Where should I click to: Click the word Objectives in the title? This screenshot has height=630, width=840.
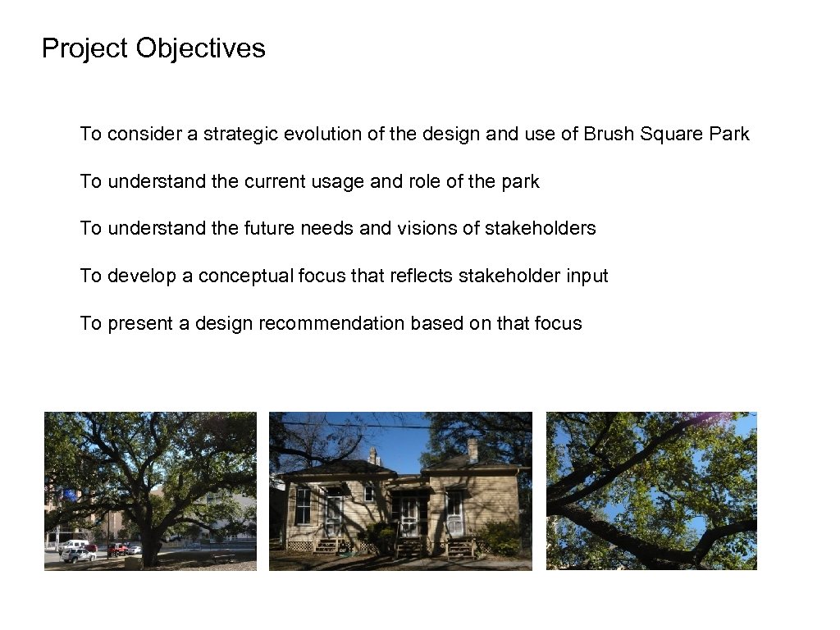(x=200, y=48)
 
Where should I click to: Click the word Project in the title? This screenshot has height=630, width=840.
(x=85, y=48)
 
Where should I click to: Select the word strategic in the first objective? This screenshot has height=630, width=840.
(x=240, y=134)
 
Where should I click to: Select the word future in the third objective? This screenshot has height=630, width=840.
(x=269, y=228)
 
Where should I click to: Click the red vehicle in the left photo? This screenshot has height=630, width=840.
(x=117, y=549)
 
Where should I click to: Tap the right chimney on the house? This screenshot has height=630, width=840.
(x=472, y=450)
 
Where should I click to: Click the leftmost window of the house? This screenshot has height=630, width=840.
(x=303, y=507)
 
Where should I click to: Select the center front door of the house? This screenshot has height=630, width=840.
(x=409, y=515)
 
